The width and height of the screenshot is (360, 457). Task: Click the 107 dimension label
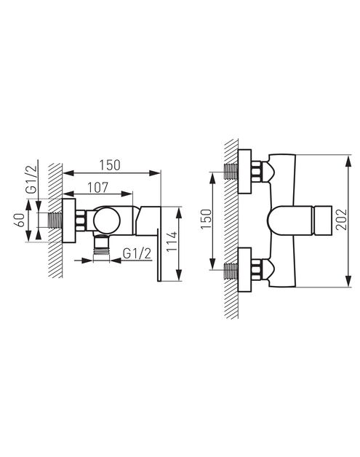pos(98,188)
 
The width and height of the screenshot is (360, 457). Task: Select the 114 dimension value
pos(172,242)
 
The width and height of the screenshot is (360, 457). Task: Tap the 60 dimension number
pos(19,220)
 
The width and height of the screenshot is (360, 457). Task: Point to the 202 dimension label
pos(341,220)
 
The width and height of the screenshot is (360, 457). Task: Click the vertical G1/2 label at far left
pos(31,179)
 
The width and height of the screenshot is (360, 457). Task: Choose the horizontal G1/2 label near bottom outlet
pos(137,253)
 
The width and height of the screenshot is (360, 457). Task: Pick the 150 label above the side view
pos(110,165)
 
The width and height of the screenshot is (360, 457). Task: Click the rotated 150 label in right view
pos(206,219)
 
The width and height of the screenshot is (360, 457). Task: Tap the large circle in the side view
pos(107,220)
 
